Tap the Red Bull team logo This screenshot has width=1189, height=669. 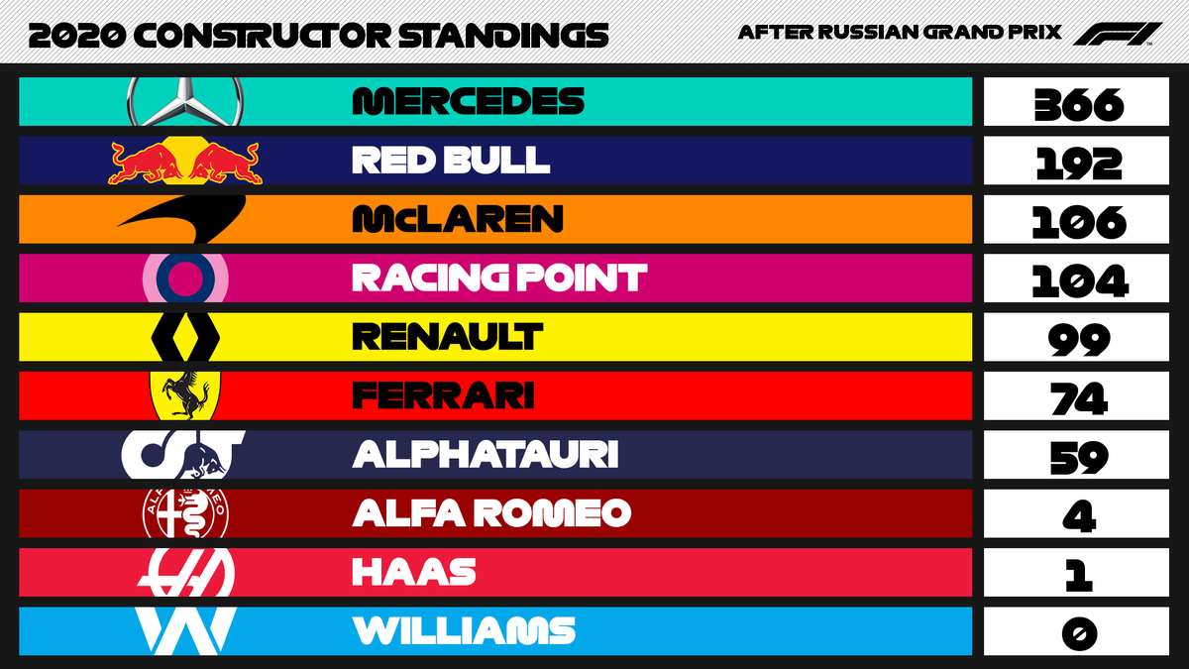click(185, 161)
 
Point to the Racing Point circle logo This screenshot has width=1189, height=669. click(186, 278)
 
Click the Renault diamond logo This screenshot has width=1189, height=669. click(185, 336)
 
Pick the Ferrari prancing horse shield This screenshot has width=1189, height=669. click(185, 394)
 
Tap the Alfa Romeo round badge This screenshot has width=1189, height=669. click(185, 512)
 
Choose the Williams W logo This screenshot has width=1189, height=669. click(185, 629)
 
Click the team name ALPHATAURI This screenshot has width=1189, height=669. click(485, 454)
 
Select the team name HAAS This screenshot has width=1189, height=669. click(414, 572)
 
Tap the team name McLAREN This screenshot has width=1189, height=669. click(458, 219)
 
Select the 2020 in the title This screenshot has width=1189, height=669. click(76, 36)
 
